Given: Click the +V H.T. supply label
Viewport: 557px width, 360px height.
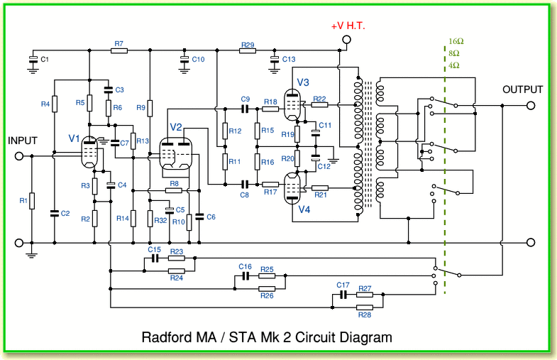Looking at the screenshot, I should (x=353, y=26).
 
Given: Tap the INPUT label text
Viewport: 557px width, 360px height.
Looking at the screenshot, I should (x=22, y=141).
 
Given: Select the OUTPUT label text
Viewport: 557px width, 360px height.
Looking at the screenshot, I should (x=522, y=89).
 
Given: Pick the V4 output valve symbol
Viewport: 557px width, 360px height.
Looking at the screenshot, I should (x=292, y=189).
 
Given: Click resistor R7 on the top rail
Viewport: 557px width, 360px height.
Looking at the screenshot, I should (x=119, y=51).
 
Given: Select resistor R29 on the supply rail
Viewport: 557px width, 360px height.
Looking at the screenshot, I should (x=247, y=51).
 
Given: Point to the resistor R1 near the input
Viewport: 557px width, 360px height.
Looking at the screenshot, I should (x=33, y=201).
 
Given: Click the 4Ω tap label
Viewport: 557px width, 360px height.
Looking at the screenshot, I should (x=454, y=65).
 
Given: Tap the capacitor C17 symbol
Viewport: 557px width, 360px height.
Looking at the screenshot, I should (x=343, y=293).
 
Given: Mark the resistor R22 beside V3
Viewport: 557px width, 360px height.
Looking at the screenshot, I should (x=319, y=106).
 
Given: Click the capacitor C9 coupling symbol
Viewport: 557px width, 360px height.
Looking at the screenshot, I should (x=246, y=109).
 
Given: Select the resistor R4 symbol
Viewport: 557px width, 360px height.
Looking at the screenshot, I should (x=54, y=104).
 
